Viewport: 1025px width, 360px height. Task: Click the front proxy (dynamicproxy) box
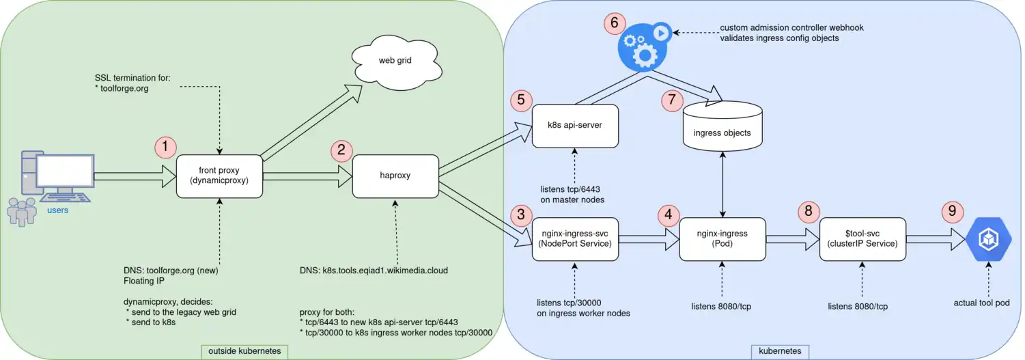tap(220, 176)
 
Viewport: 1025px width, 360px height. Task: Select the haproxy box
tap(395, 176)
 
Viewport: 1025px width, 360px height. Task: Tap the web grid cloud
tap(395, 61)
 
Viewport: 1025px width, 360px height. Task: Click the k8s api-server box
tap(575, 126)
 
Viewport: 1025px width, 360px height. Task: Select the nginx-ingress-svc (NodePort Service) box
tap(575, 239)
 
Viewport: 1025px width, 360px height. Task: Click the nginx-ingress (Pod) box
tap(722, 239)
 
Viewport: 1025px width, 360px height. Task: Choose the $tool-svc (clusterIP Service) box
tap(862, 239)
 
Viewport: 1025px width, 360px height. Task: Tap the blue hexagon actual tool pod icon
tap(988, 239)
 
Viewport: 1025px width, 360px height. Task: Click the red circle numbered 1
tap(165, 146)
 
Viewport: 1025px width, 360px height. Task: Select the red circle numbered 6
tap(614, 23)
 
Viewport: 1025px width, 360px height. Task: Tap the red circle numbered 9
tap(951, 211)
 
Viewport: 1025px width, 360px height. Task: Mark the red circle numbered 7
tap(672, 100)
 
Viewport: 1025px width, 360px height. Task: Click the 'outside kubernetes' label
tap(244, 351)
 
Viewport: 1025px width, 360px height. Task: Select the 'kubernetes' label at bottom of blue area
tap(780, 351)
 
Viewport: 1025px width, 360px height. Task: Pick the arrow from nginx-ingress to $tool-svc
tap(792, 239)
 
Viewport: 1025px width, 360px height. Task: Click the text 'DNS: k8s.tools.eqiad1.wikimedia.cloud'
tap(374, 271)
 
